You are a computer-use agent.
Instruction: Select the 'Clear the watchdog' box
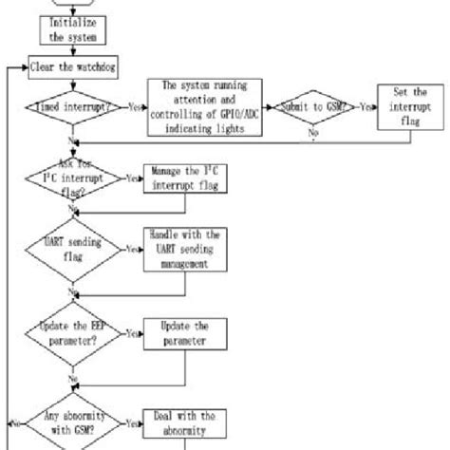pyautogui.click(x=70, y=69)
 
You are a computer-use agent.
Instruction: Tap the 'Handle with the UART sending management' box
pyautogui.click(x=179, y=252)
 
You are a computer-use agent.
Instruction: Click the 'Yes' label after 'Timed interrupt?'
pyautogui.click(x=134, y=109)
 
